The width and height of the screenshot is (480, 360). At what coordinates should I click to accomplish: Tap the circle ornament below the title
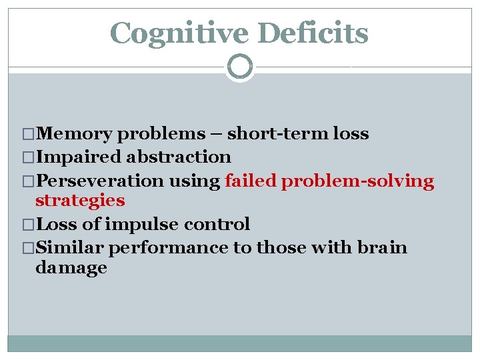pos(240,67)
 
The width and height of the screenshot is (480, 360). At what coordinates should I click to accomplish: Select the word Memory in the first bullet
pos(74,134)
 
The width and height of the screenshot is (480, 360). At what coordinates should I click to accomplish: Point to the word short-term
pos(278,134)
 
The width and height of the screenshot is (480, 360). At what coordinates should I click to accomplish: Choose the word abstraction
pos(179,157)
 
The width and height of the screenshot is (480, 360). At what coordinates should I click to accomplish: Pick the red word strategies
pos(80,201)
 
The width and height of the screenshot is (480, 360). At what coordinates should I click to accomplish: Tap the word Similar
pos(70,248)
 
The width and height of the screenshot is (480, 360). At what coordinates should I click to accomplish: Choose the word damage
pos(71,268)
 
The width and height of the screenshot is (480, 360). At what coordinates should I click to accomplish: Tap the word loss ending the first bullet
pos(351,134)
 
